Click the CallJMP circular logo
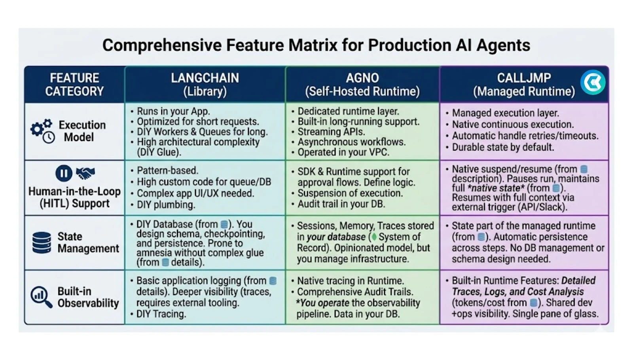593,82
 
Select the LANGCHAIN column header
205,85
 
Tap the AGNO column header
362,85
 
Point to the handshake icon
85,173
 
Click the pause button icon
64,173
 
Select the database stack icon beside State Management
42,243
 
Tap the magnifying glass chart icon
41,297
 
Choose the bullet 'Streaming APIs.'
331,132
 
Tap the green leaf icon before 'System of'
374,237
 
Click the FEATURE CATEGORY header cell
75,85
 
